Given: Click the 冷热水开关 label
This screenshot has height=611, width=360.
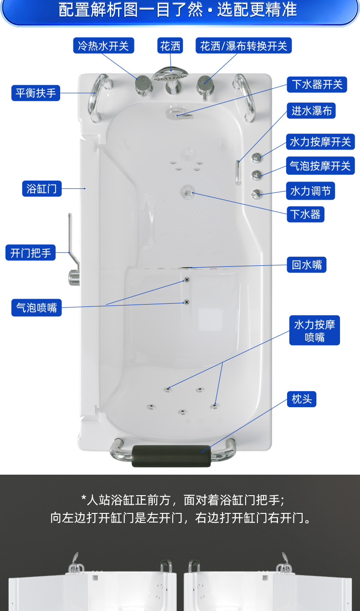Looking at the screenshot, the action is click(103, 46).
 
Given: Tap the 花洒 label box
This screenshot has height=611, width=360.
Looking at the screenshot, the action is click(170, 46).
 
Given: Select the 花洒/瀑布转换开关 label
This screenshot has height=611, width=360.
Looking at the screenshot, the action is click(244, 46).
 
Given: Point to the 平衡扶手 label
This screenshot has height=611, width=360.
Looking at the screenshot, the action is click(36, 93).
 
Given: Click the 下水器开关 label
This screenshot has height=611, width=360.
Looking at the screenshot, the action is click(317, 84).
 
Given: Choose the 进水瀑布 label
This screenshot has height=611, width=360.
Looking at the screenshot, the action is click(311, 111).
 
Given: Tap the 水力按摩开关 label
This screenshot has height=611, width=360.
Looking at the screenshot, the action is click(320, 142).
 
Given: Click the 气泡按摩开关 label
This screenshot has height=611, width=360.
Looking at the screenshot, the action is click(320, 166).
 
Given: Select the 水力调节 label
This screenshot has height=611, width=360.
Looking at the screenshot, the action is click(311, 191).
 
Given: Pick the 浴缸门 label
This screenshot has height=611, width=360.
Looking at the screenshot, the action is click(42, 188).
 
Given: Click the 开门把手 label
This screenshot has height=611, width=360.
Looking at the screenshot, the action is click(31, 252).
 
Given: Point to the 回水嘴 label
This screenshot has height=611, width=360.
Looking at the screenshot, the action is click(307, 264).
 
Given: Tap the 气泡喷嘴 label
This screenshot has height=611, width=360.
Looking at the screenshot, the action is click(36, 308).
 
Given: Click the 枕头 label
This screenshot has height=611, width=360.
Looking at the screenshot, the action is click(302, 399).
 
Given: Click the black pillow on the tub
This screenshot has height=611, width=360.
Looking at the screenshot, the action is click(171, 456).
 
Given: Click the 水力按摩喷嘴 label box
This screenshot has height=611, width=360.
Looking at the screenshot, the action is click(314, 331).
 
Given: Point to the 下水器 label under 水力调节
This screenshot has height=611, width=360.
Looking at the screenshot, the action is click(305, 214).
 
